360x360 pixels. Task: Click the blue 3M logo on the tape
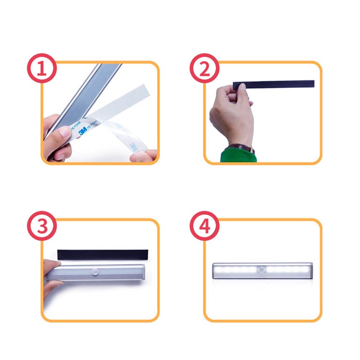pyautogui.click(x=83, y=132)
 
